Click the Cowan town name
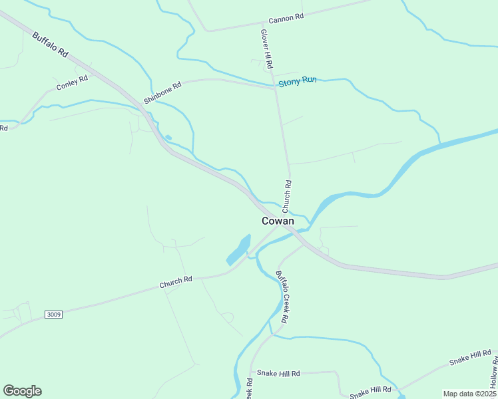click(x=278, y=221)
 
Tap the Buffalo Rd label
click(x=50, y=43)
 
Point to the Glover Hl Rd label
click(x=267, y=50)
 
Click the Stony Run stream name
click(x=297, y=80)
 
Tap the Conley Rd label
click(x=72, y=83)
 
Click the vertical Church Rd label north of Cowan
click(x=287, y=197)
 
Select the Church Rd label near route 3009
click(x=175, y=282)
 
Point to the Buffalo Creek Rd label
click(x=282, y=296)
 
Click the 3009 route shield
click(x=54, y=314)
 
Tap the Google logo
click(x=22, y=391)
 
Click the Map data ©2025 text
click(x=469, y=394)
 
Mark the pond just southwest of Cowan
click(x=238, y=250)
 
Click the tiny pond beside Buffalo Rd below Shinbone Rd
click(x=168, y=138)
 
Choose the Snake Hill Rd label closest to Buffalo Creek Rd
click(x=278, y=374)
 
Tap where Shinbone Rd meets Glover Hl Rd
click(x=276, y=87)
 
